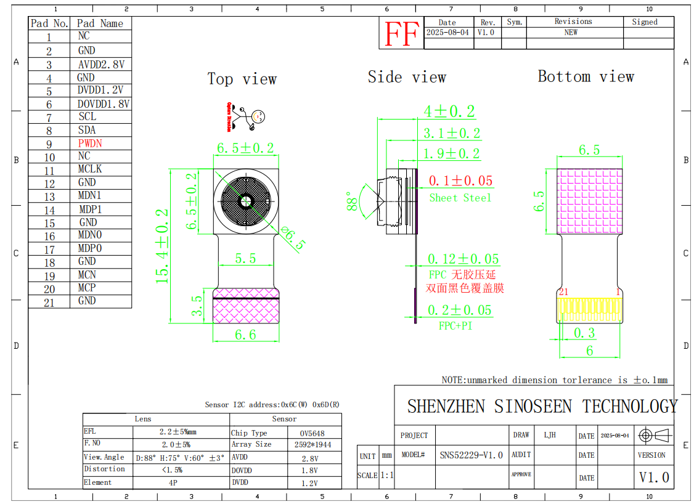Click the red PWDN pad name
click(90, 143)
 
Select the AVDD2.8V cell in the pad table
click(101, 64)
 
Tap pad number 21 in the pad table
click(49, 302)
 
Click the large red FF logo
click(401, 34)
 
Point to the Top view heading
click(242, 79)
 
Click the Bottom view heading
click(586, 76)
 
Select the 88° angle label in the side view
click(353, 201)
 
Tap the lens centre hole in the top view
click(246, 201)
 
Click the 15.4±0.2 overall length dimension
click(162, 246)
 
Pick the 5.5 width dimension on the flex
click(245, 259)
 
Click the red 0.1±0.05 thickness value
click(460, 181)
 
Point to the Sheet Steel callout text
click(460, 198)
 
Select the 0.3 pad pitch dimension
click(584, 333)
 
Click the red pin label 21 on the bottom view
click(563, 291)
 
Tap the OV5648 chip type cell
click(312, 433)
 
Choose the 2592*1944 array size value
click(312, 444)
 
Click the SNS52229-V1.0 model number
click(471, 455)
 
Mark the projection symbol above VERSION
click(655, 436)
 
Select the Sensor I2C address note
click(272, 405)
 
